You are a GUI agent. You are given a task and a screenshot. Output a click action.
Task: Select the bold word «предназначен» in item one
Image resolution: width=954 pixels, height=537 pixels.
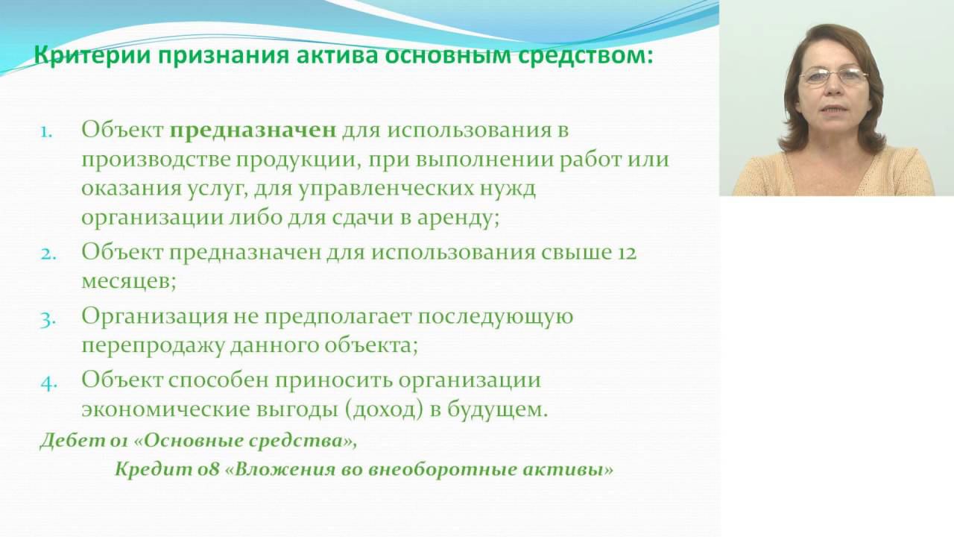tap(253, 130)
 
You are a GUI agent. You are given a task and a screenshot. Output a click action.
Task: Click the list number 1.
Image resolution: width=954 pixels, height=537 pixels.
tap(46, 131)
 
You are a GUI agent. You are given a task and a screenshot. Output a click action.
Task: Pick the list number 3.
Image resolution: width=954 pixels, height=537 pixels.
tap(47, 318)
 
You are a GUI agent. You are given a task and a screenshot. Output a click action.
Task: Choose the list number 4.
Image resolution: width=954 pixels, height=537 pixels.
tap(48, 382)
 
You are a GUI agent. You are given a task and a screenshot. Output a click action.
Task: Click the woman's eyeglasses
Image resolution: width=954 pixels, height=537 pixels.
tap(833, 75)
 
